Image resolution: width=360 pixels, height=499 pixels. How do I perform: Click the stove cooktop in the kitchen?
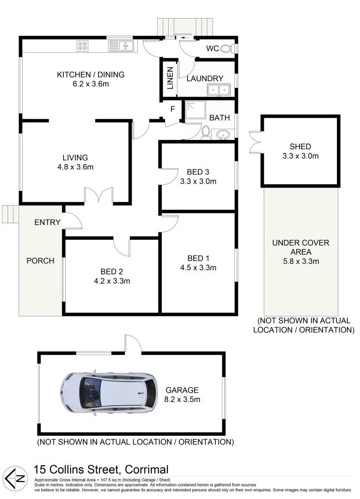(x=83, y=45)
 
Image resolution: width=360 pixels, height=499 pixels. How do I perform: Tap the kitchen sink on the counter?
(x=121, y=45)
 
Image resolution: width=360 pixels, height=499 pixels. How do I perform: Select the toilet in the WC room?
(x=226, y=48)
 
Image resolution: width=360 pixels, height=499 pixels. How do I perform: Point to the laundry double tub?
(x=218, y=89)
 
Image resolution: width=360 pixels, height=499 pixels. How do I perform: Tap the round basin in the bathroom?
(x=223, y=135)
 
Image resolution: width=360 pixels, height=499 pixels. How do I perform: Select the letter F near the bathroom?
(x=173, y=110)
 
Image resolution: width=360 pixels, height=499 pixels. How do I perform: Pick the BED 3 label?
(x=198, y=171)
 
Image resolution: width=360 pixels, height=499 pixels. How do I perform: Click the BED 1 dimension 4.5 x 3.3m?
(x=198, y=267)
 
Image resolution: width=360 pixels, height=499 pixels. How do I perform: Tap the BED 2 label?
(x=112, y=271)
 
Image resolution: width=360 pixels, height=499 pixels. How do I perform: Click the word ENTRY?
(x=48, y=223)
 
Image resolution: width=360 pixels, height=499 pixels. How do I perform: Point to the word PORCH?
(x=40, y=261)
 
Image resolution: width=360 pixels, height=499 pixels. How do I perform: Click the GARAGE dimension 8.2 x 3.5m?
(x=183, y=399)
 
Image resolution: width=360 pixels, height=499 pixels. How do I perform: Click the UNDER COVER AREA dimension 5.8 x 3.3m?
(x=301, y=262)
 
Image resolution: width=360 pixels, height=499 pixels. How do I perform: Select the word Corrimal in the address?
(x=145, y=469)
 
